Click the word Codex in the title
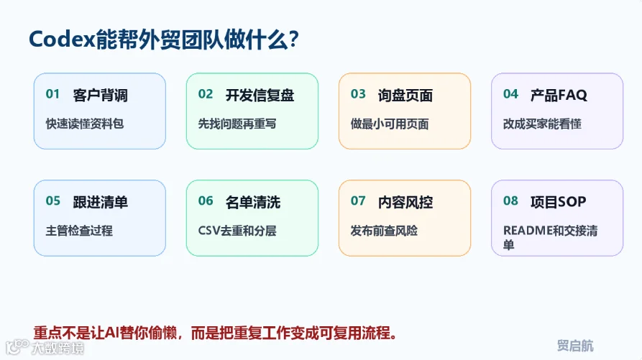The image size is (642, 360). click(63, 40)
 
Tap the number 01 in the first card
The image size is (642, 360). click(52, 94)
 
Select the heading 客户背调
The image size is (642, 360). click(101, 95)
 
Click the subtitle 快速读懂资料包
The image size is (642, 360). click(85, 124)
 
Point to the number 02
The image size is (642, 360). click(206, 94)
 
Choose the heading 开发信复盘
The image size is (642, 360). click(260, 95)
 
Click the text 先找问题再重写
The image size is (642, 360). click(237, 124)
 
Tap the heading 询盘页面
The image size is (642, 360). click(405, 95)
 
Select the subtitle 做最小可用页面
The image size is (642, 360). click(390, 124)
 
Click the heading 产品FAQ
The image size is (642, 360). click(559, 95)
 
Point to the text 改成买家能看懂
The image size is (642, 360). click(542, 124)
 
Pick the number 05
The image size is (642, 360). click(52, 201)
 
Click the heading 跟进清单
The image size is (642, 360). click(101, 202)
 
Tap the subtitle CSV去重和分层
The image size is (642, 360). click(237, 231)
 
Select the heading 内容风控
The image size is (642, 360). click(405, 202)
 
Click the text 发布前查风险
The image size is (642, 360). click(384, 231)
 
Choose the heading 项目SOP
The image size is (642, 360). click(559, 202)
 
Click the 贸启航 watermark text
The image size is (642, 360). click(575, 346)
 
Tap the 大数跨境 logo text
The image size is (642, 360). click(58, 348)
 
